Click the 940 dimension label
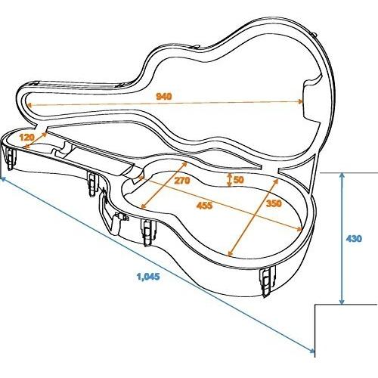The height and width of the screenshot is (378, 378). point(164,96)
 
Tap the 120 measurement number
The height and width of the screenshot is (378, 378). point(26,138)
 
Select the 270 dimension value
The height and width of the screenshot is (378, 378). point(181,181)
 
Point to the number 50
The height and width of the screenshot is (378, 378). point(239,180)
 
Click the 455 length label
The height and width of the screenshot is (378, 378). point(205,206)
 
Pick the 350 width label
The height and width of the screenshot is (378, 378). point(274,203)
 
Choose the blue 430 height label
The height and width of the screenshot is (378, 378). point(354,238)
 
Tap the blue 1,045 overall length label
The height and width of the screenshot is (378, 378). point(148,277)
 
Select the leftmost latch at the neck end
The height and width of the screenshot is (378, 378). point(11,159)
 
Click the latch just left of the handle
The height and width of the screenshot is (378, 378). point(92,184)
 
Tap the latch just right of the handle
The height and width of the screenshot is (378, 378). point(147,232)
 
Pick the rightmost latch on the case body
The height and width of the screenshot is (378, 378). point(267,282)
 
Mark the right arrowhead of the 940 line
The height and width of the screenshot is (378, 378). point(300,101)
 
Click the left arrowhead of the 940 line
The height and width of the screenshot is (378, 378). point(29,105)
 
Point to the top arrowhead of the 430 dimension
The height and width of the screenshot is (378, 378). point(342,175)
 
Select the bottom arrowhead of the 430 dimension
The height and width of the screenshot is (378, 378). point(342,302)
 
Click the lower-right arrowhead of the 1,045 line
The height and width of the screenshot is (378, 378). point(312,350)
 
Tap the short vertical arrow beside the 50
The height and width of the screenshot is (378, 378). point(229,180)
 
